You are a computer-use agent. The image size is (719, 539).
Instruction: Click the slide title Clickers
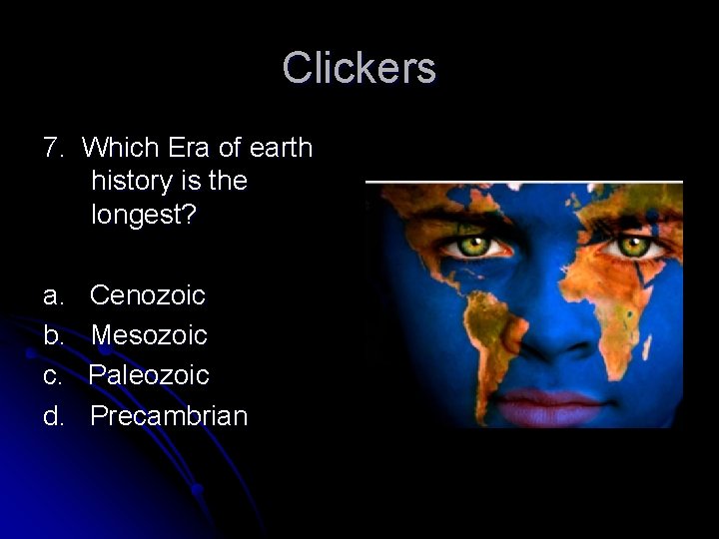pos(359,68)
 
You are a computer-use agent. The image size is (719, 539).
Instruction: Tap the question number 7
pos(53,149)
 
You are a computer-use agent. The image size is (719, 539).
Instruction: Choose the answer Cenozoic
pos(147,295)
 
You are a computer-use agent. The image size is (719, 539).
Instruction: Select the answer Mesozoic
pos(149,335)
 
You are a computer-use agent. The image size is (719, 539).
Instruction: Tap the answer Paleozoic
pos(149,375)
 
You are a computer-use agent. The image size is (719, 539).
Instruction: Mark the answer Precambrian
pos(168,415)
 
